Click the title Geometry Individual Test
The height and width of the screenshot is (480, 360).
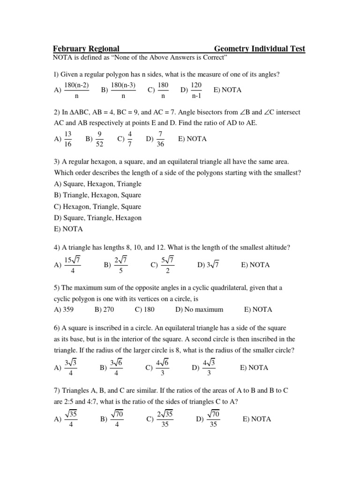[260, 49]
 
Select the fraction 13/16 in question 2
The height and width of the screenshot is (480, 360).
[67, 139]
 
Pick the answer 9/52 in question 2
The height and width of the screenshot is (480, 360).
[99, 139]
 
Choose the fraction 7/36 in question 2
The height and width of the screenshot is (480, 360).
[160, 139]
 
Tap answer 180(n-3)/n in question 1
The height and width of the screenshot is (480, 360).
[123, 90]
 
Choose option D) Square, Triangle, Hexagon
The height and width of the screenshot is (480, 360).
[97, 218]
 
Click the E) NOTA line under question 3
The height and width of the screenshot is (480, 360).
[68, 229]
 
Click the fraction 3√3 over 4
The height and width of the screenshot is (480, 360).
[70, 367]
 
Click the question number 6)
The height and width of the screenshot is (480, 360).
[57, 328]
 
